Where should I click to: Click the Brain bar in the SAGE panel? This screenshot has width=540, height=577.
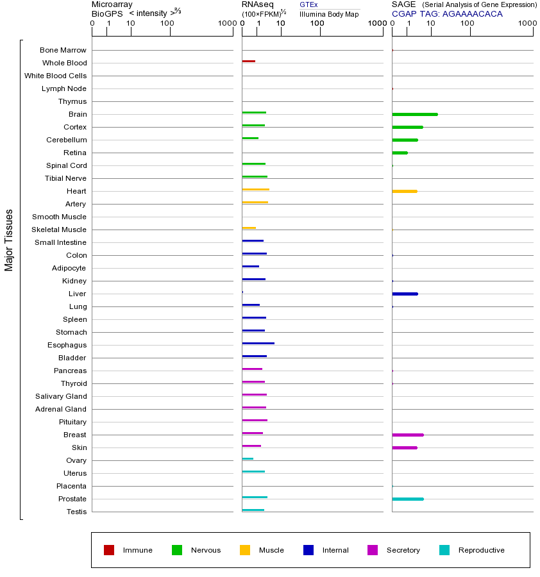(415, 114)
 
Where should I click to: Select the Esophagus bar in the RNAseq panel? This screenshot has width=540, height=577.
(258, 344)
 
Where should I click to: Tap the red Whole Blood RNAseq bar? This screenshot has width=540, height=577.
(249, 62)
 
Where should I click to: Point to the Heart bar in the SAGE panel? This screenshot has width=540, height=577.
(405, 191)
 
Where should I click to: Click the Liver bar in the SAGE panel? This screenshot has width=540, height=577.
(405, 294)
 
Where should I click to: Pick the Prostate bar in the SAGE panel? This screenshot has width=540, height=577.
(408, 499)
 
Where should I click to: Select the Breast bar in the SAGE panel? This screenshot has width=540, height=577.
(408, 435)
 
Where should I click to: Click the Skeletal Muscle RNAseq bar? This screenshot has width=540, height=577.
(249, 228)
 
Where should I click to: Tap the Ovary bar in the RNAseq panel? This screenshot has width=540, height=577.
(248, 459)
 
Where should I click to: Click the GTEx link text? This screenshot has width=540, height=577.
(308, 5)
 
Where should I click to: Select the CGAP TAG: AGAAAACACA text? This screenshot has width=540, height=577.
(447, 14)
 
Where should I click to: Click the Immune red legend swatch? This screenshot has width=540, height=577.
(109, 550)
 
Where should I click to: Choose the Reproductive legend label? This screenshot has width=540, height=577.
(481, 550)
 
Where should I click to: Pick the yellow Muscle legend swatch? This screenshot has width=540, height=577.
(245, 550)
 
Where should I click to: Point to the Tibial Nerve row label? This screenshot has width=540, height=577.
(65, 178)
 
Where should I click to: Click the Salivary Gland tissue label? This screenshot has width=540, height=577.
(61, 396)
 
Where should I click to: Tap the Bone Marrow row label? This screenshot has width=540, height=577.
(63, 50)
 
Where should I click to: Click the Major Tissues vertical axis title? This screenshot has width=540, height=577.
(9, 240)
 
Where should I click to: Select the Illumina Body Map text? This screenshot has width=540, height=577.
(329, 14)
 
